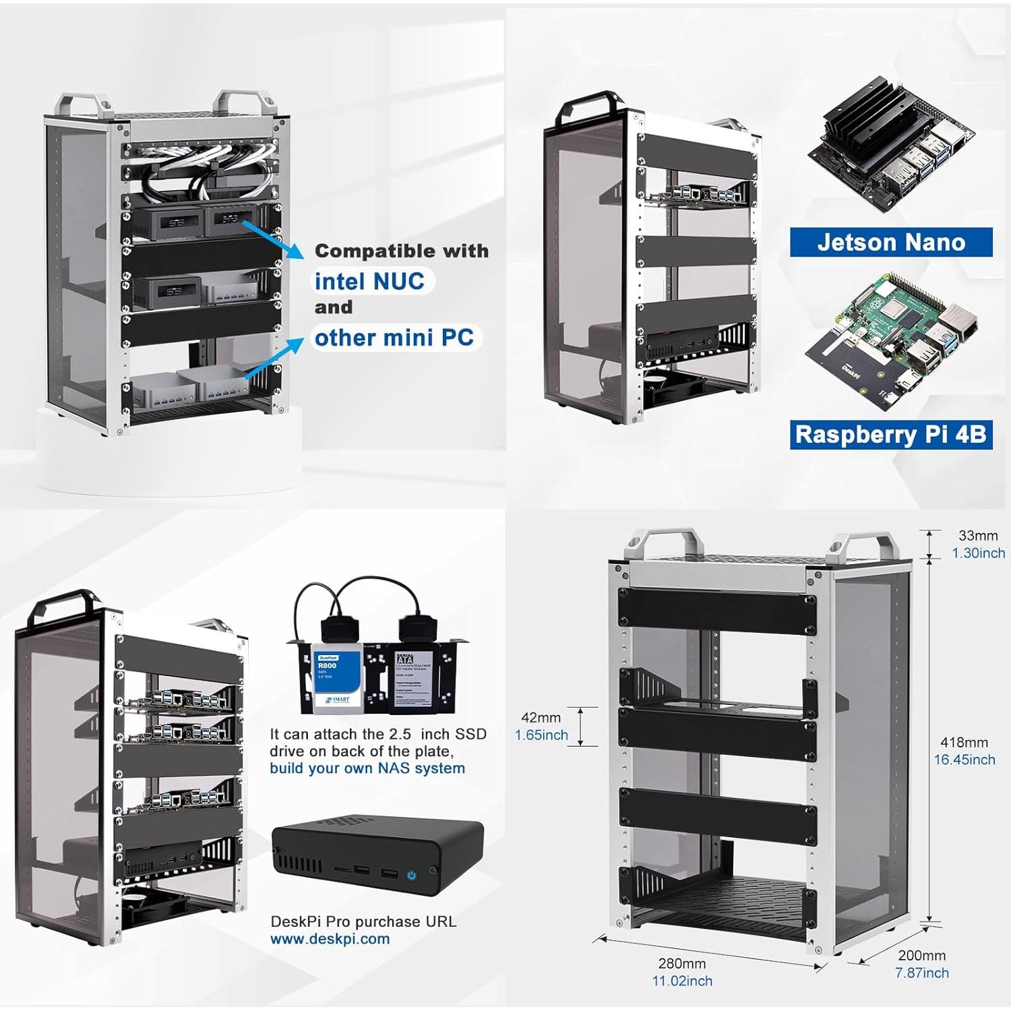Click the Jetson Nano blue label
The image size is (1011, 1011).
pyautogui.click(x=890, y=242)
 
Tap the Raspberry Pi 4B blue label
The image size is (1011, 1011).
pyautogui.click(x=890, y=435)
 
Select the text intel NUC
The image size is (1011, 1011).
pyautogui.click(x=369, y=281)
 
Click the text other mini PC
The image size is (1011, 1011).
pyautogui.click(x=394, y=337)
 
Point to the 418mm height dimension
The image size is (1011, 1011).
pyautogui.click(x=964, y=742)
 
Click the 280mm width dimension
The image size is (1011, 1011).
pyautogui.click(x=681, y=964)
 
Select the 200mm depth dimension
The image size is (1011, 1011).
pyautogui.click(x=921, y=955)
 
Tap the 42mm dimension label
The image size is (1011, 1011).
pyautogui.click(x=541, y=718)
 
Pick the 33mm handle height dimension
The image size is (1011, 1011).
pyautogui.click(x=977, y=536)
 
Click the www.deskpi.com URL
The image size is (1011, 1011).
pyautogui.click(x=330, y=939)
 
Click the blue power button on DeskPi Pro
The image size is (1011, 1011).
pyautogui.click(x=411, y=875)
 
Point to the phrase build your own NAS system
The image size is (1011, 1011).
pyautogui.click(x=367, y=768)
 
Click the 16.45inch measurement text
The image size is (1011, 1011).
pyautogui.click(x=964, y=760)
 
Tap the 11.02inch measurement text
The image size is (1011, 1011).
pyautogui.click(x=681, y=981)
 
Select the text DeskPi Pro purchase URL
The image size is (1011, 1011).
pyautogui.click(x=363, y=921)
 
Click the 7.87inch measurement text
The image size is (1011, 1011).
pyautogui.click(x=921, y=973)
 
